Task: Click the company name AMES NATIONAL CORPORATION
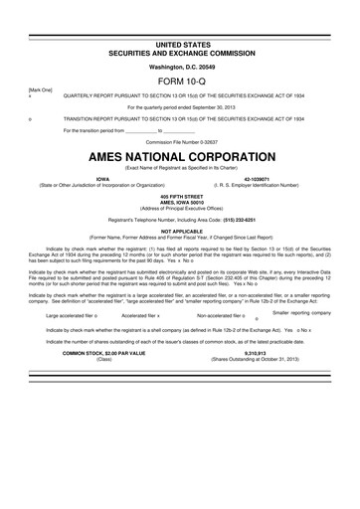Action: click(x=180, y=157)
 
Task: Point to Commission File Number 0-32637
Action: click(x=180, y=141)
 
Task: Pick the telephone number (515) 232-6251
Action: click(x=230, y=218)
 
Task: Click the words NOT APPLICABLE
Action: click(x=180, y=230)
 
